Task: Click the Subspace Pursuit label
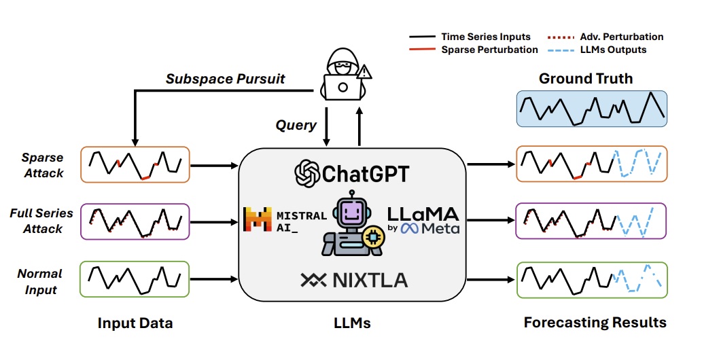226,79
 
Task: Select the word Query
296,124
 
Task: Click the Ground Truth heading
585,78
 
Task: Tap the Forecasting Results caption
595,322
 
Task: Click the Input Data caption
135,323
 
